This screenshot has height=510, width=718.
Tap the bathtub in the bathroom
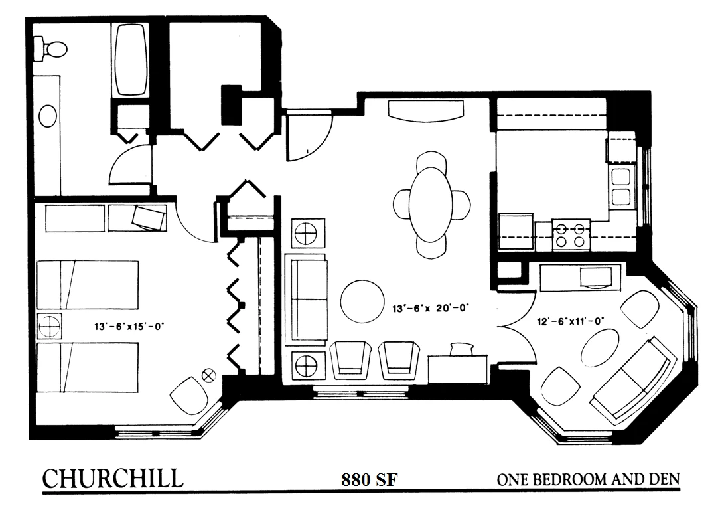[131, 60]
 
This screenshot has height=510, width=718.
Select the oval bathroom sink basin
[48, 116]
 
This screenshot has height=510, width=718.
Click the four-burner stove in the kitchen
[571, 234]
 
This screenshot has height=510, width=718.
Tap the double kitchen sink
[620, 186]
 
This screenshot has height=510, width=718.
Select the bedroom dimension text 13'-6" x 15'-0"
[129, 327]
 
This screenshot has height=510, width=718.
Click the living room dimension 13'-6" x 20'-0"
[431, 308]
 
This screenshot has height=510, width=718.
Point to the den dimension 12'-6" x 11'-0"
[571, 321]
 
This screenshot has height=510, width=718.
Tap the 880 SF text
[369, 479]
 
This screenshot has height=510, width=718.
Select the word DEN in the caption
[664, 479]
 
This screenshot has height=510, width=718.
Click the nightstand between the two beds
[49, 326]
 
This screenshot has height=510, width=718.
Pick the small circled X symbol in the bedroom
[208, 376]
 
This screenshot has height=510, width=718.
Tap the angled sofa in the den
[634, 378]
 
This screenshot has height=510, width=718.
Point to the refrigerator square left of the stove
[516, 231]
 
